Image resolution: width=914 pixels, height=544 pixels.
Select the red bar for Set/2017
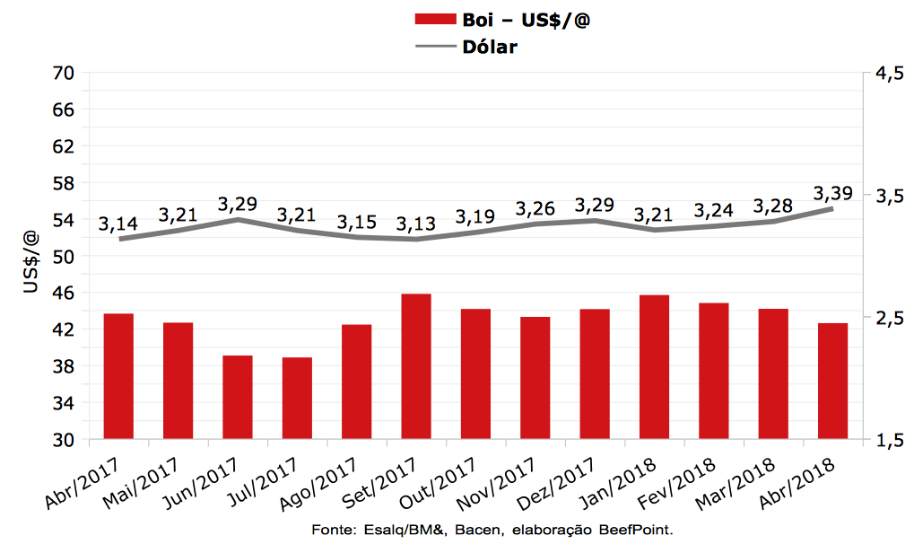click(416, 366)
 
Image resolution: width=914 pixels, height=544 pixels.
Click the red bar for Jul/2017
click(297, 399)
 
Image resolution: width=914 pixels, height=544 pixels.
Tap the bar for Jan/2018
click(654, 367)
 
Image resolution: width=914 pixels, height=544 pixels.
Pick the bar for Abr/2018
click(832, 382)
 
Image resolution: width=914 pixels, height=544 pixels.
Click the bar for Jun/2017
click(238, 398)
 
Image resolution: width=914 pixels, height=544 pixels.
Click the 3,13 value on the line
click(415, 224)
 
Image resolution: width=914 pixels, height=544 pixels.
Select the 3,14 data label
click(118, 224)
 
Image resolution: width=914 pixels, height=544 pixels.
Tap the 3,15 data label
click(356, 221)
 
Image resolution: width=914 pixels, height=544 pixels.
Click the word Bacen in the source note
click(476, 530)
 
